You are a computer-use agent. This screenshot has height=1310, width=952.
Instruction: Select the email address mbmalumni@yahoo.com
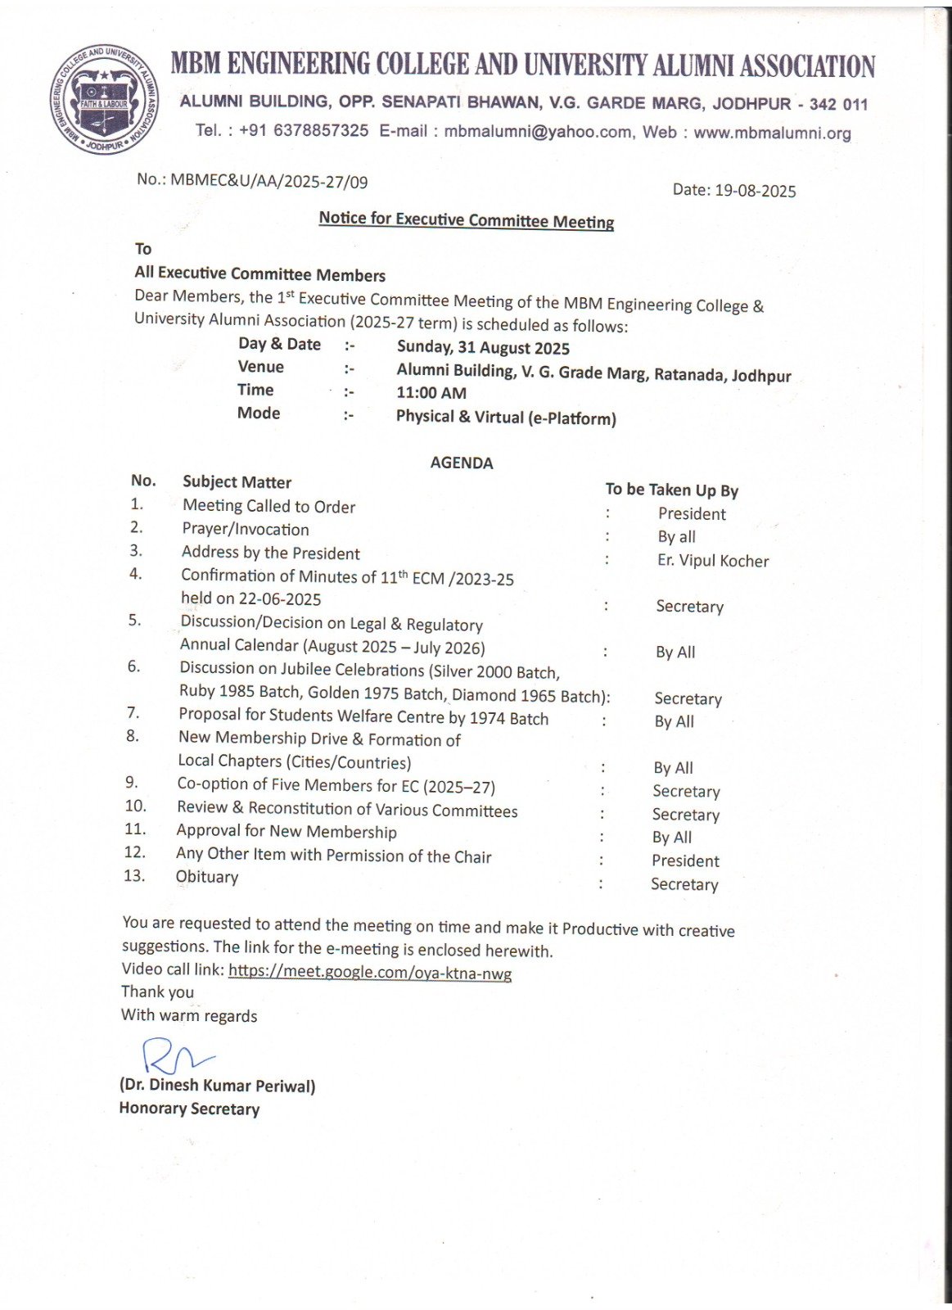(538, 131)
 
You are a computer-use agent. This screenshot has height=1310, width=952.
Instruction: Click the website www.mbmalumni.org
(772, 133)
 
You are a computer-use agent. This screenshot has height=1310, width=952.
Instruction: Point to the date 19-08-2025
(755, 191)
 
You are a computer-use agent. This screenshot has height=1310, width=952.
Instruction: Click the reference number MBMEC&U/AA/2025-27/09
(269, 181)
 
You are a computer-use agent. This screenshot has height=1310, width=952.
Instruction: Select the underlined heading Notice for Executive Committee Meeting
(466, 219)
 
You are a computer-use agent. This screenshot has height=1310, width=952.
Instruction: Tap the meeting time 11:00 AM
(431, 393)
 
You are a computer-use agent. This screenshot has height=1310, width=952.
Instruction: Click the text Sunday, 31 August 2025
(483, 348)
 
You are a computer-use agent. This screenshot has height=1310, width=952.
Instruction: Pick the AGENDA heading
(462, 463)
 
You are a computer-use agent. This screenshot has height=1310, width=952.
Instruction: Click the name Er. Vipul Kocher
(713, 561)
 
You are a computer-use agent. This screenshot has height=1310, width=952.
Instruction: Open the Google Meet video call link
(370, 973)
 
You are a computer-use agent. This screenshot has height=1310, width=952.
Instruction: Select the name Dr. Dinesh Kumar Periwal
(217, 1086)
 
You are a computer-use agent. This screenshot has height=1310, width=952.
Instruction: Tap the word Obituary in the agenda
(207, 877)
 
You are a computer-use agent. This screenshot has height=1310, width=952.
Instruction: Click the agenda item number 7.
(133, 713)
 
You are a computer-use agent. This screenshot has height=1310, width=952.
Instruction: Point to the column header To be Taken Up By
(671, 490)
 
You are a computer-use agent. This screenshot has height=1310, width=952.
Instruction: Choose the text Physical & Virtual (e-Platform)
(506, 418)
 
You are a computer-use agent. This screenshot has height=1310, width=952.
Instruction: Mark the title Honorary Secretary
(189, 1109)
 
